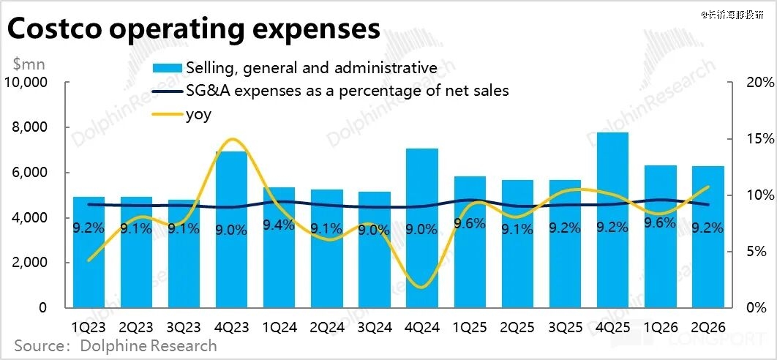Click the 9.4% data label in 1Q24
pyautogui.click(x=279, y=225)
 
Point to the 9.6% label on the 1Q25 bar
pyautogui.click(x=470, y=224)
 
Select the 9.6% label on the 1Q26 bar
pyautogui.click(x=660, y=224)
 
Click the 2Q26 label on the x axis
pyautogui.click(x=707, y=326)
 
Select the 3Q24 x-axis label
pyautogui.click(x=375, y=326)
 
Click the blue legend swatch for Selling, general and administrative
pyautogui.click(x=168, y=69)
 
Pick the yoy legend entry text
pyautogui.click(x=198, y=114)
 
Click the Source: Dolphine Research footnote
pyautogui.click(x=116, y=345)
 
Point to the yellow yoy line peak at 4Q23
pyautogui.click(x=232, y=139)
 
